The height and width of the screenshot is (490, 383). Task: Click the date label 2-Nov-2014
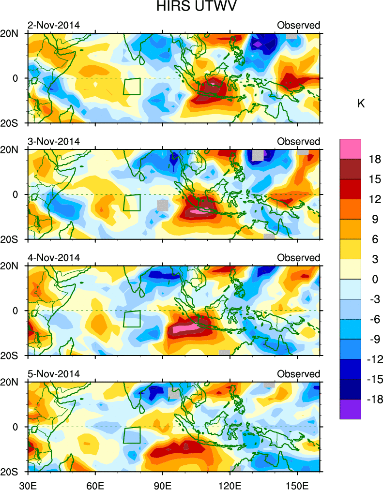point(53,25)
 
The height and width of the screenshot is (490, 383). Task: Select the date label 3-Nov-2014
point(53,141)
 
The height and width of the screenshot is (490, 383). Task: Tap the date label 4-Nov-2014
point(53,258)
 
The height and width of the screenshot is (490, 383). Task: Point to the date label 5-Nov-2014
point(53,374)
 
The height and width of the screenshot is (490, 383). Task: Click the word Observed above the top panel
point(298,25)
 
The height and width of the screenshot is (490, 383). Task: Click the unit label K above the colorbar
point(361,104)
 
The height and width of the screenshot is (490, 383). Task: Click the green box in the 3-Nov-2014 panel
point(132,202)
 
